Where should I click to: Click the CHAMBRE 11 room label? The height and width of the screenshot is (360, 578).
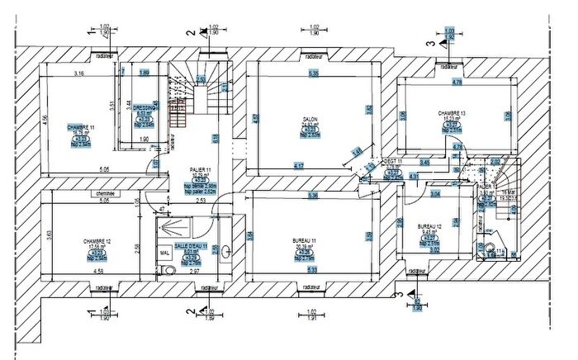click(x=81, y=127)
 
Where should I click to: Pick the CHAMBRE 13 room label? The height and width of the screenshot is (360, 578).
click(x=452, y=113)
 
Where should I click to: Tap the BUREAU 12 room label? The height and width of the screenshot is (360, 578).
click(x=431, y=226)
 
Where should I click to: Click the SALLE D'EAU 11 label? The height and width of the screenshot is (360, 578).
click(x=190, y=246)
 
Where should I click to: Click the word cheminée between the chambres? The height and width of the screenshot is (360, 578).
click(x=104, y=194)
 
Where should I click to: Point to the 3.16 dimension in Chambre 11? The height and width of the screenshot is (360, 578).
click(x=79, y=74)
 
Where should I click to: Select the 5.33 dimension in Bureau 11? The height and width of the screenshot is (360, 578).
click(x=310, y=270)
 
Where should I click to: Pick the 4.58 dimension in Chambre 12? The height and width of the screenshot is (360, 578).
click(x=97, y=270)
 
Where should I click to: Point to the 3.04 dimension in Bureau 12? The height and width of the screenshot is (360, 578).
click(x=435, y=194)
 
